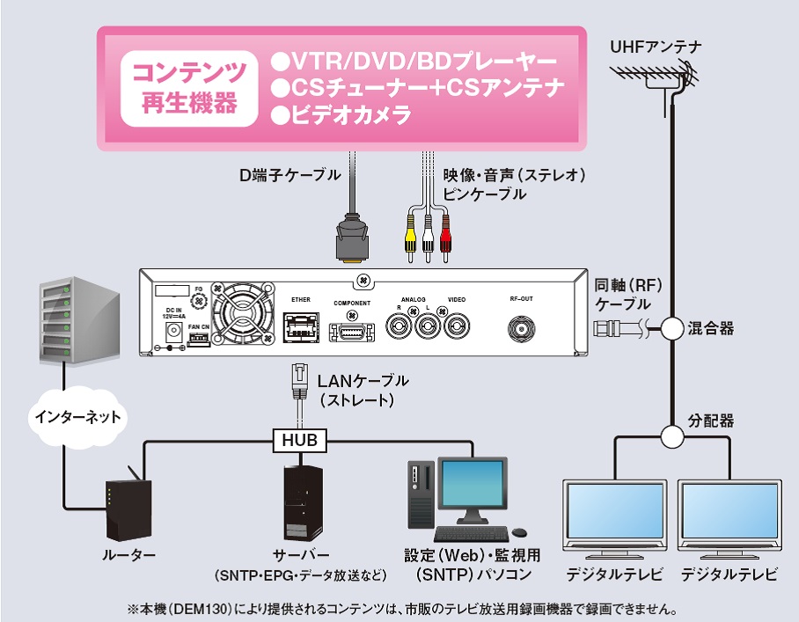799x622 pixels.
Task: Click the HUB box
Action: (301, 438)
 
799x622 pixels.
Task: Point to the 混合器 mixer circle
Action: (672, 329)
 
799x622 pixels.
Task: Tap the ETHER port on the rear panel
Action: (301, 330)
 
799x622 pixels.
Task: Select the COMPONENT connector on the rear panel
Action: (351, 332)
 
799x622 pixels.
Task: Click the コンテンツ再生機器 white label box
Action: (190, 87)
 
